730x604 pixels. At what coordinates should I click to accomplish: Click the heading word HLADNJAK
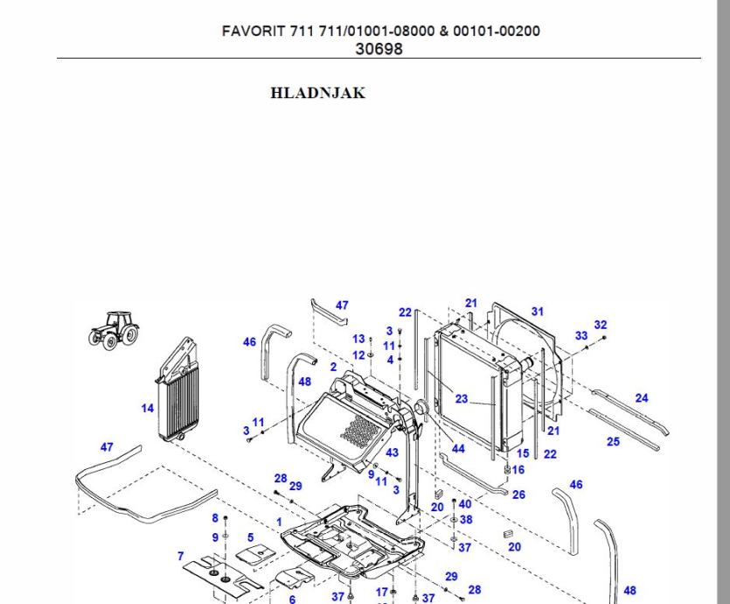(318, 93)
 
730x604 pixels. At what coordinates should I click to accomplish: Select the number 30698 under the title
(379, 49)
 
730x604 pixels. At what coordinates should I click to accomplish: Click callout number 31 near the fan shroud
(537, 312)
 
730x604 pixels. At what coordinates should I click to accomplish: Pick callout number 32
(600, 325)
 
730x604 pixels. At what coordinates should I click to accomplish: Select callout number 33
(581, 335)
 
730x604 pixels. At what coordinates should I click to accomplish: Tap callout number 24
(642, 398)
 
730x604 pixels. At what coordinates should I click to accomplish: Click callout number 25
(613, 441)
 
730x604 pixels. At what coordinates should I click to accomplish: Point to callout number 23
(462, 399)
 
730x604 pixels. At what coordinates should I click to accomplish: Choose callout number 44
(458, 449)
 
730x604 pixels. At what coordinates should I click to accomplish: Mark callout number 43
(392, 453)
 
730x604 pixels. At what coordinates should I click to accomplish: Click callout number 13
(358, 339)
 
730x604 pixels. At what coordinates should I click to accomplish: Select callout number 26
(518, 495)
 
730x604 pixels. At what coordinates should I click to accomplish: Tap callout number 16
(518, 470)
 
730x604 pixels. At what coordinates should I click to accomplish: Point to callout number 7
(181, 556)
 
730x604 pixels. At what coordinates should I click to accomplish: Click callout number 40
(465, 503)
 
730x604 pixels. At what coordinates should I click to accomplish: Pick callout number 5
(250, 537)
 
